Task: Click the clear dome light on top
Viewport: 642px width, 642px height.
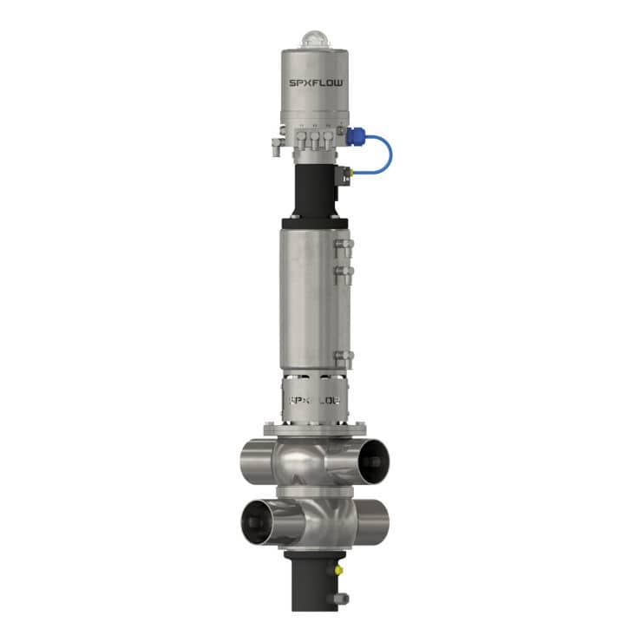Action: coord(312,39)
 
